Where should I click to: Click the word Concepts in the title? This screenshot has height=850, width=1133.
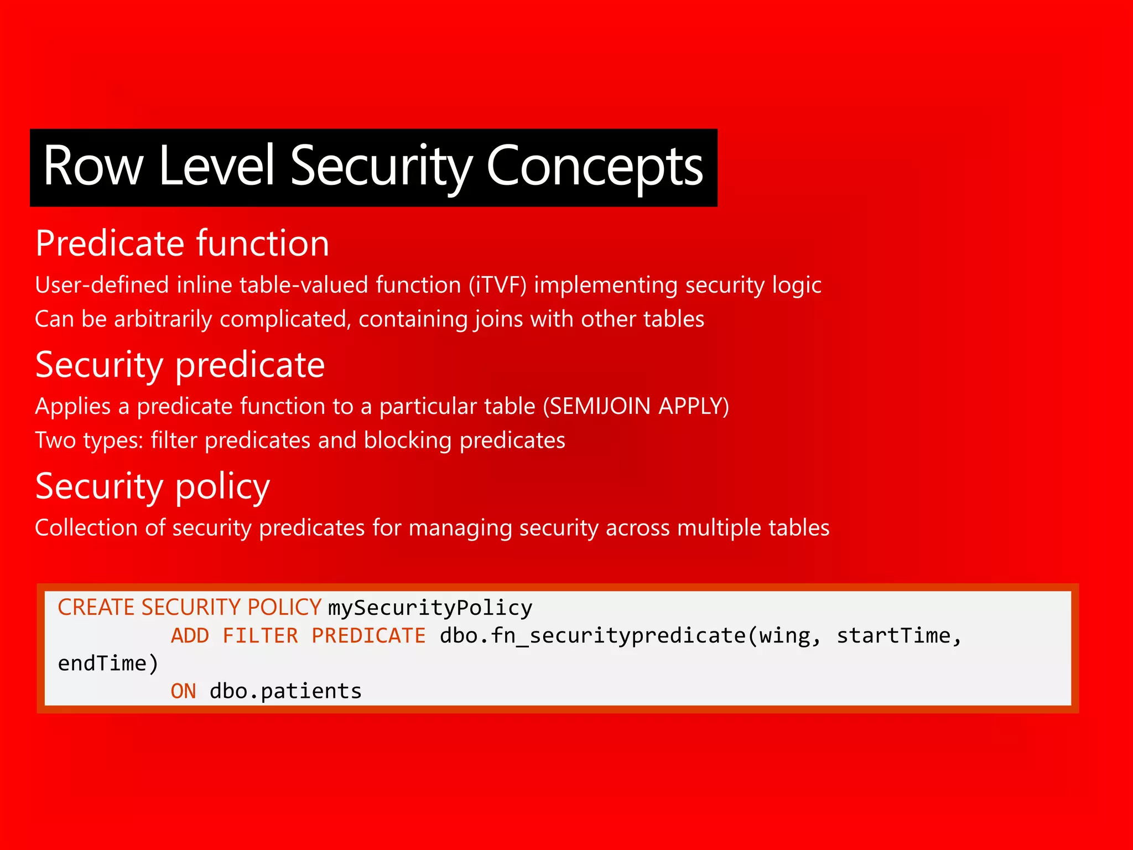[594, 166]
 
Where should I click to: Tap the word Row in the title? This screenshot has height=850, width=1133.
[93, 166]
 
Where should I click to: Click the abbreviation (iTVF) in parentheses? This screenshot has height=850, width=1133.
[497, 285]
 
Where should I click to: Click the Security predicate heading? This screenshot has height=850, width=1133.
[180, 365]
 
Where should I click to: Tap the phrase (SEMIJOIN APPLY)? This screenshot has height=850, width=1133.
[636, 406]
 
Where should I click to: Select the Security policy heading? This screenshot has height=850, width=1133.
[152, 486]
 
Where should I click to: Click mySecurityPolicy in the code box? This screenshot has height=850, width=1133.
[430, 608]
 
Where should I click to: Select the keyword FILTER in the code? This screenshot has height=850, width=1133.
[260, 636]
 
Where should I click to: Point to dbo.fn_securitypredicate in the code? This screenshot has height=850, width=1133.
[592, 636]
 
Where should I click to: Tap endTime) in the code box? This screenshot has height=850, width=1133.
[108, 664]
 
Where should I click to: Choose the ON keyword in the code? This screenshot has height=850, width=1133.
[183, 691]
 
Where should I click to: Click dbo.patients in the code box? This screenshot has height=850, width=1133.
[285, 691]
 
